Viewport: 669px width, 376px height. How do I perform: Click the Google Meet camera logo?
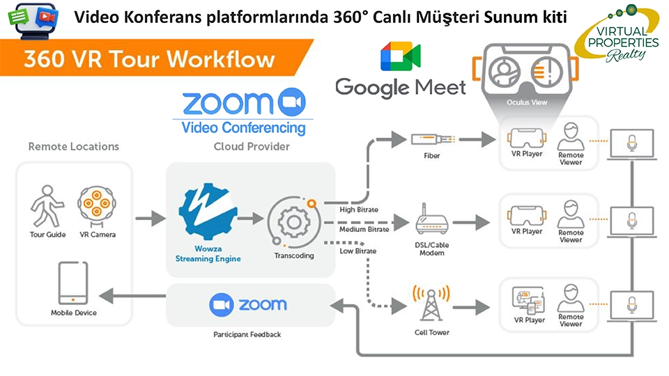[x=401, y=57]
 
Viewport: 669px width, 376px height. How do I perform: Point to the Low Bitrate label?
[x=357, y=251]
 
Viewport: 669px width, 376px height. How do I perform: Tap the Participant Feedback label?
[x=247, y=335]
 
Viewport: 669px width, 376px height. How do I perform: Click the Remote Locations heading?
[x=73, y=147]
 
